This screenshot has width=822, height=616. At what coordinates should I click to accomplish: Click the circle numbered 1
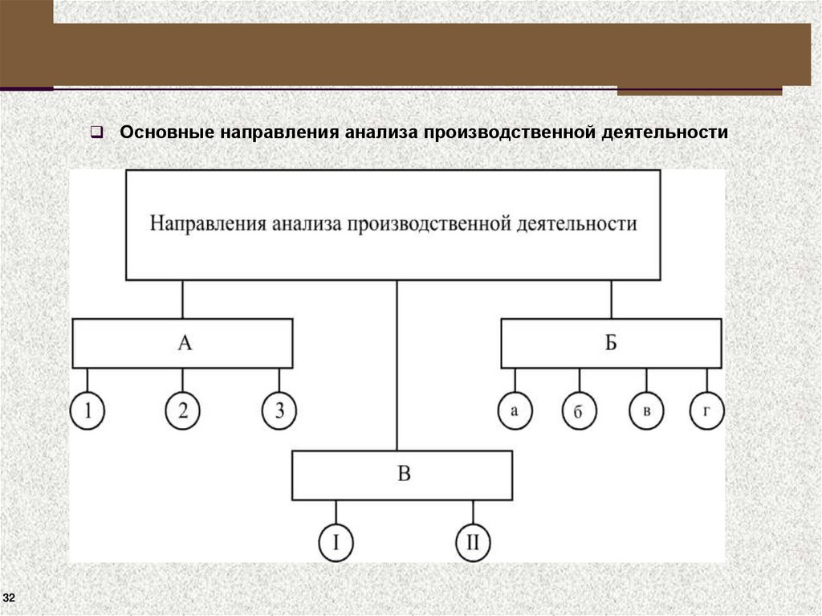[87, 411]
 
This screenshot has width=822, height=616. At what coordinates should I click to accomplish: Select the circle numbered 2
[183, 411]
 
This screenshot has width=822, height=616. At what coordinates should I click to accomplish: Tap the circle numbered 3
[279, 411]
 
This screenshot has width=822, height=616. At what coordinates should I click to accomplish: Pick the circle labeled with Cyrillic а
[515, 411]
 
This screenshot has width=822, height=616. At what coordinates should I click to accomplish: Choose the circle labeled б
[579, 411]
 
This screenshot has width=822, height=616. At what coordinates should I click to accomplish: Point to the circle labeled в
[645, 411]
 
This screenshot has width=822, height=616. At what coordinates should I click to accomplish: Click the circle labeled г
[706, 411]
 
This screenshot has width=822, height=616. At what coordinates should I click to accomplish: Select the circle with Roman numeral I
[336, 543]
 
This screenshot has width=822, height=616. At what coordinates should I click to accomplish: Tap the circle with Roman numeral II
[473, 543]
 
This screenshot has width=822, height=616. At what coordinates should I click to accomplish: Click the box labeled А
[183, 344]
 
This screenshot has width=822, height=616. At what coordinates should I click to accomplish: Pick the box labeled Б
[611, 344]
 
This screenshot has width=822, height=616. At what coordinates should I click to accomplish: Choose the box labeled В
[402, 475]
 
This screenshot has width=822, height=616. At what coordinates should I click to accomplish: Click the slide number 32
[10, 598]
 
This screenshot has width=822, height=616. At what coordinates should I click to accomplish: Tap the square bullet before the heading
[95, 132]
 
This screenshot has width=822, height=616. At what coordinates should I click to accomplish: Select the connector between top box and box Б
[611, 299]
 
